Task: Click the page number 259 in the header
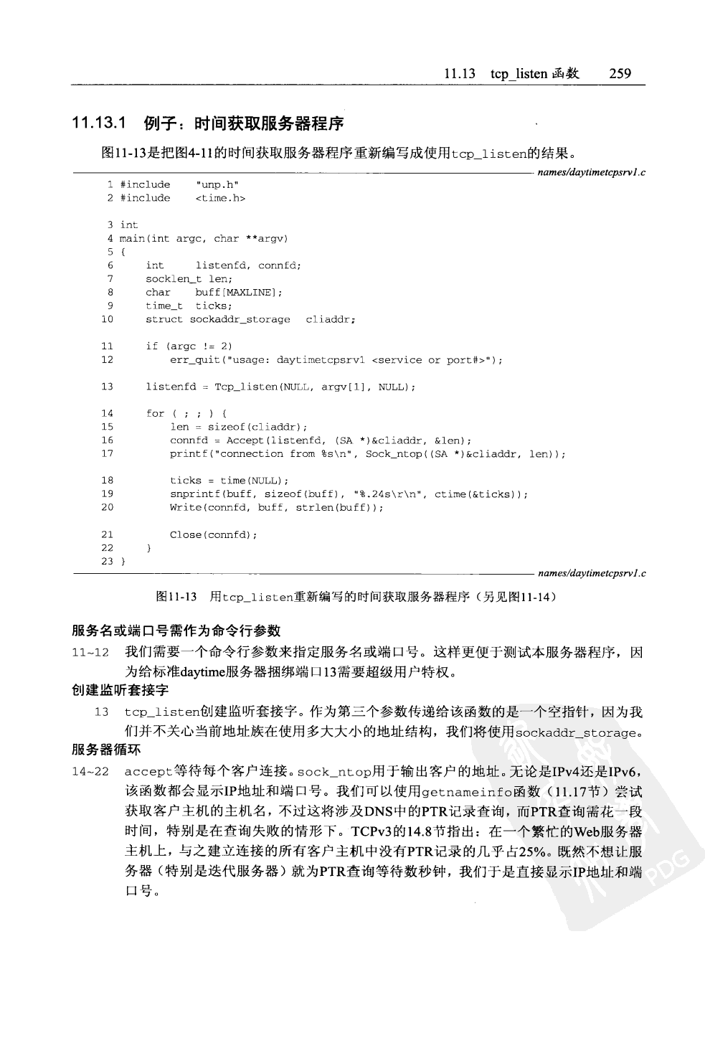pos(619,74)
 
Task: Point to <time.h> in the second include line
pos(220,198)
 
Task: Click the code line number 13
pos(107,387)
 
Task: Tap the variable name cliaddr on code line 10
pos(330,319)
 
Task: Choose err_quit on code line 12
pos(194,360)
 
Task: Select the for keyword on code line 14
pos(155,413)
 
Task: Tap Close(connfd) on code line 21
pos(213,534)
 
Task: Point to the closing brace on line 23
pos(123,562)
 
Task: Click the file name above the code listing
pos(591,171)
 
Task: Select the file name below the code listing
pos(591,573)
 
